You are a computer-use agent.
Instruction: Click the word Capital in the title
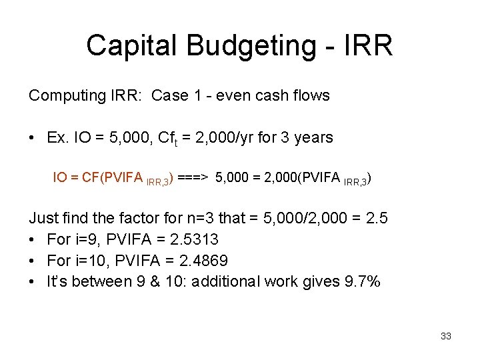click(x=132, y=45)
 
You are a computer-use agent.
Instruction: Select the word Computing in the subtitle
click(x=63, y=96)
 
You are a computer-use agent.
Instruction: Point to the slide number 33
click(x=446, y=336)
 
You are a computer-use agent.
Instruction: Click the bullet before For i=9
click(x=32, y=239)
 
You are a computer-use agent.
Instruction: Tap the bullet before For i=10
click(x=32, y=260)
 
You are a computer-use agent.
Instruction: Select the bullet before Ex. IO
click(x=32, y=138)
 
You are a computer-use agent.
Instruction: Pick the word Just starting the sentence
click(x=44, y=217)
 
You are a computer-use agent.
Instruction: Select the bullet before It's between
click(x=32, y=281)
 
